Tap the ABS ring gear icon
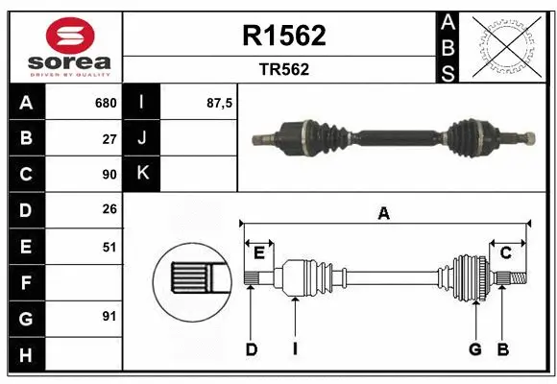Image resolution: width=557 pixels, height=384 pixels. pos(506,46)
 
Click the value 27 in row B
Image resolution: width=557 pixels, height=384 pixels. pos(109,138)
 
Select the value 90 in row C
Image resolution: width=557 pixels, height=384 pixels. pos(109,175)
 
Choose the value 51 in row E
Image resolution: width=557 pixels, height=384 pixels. pos(109,247)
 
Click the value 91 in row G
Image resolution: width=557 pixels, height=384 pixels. pos(109,316)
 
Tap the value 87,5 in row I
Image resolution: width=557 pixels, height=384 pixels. pos(220,103)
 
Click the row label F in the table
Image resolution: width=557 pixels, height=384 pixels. pos(26,283)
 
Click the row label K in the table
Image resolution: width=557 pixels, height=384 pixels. pos(142,174)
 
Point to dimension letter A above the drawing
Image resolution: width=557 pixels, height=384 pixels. pos(384,214)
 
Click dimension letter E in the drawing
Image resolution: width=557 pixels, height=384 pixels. pos(259,252)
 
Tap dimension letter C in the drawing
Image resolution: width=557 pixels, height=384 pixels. pos(505,252)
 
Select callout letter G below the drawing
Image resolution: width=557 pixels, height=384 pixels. pos(474,349)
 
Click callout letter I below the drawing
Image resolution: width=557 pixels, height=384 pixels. pos(295,349)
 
